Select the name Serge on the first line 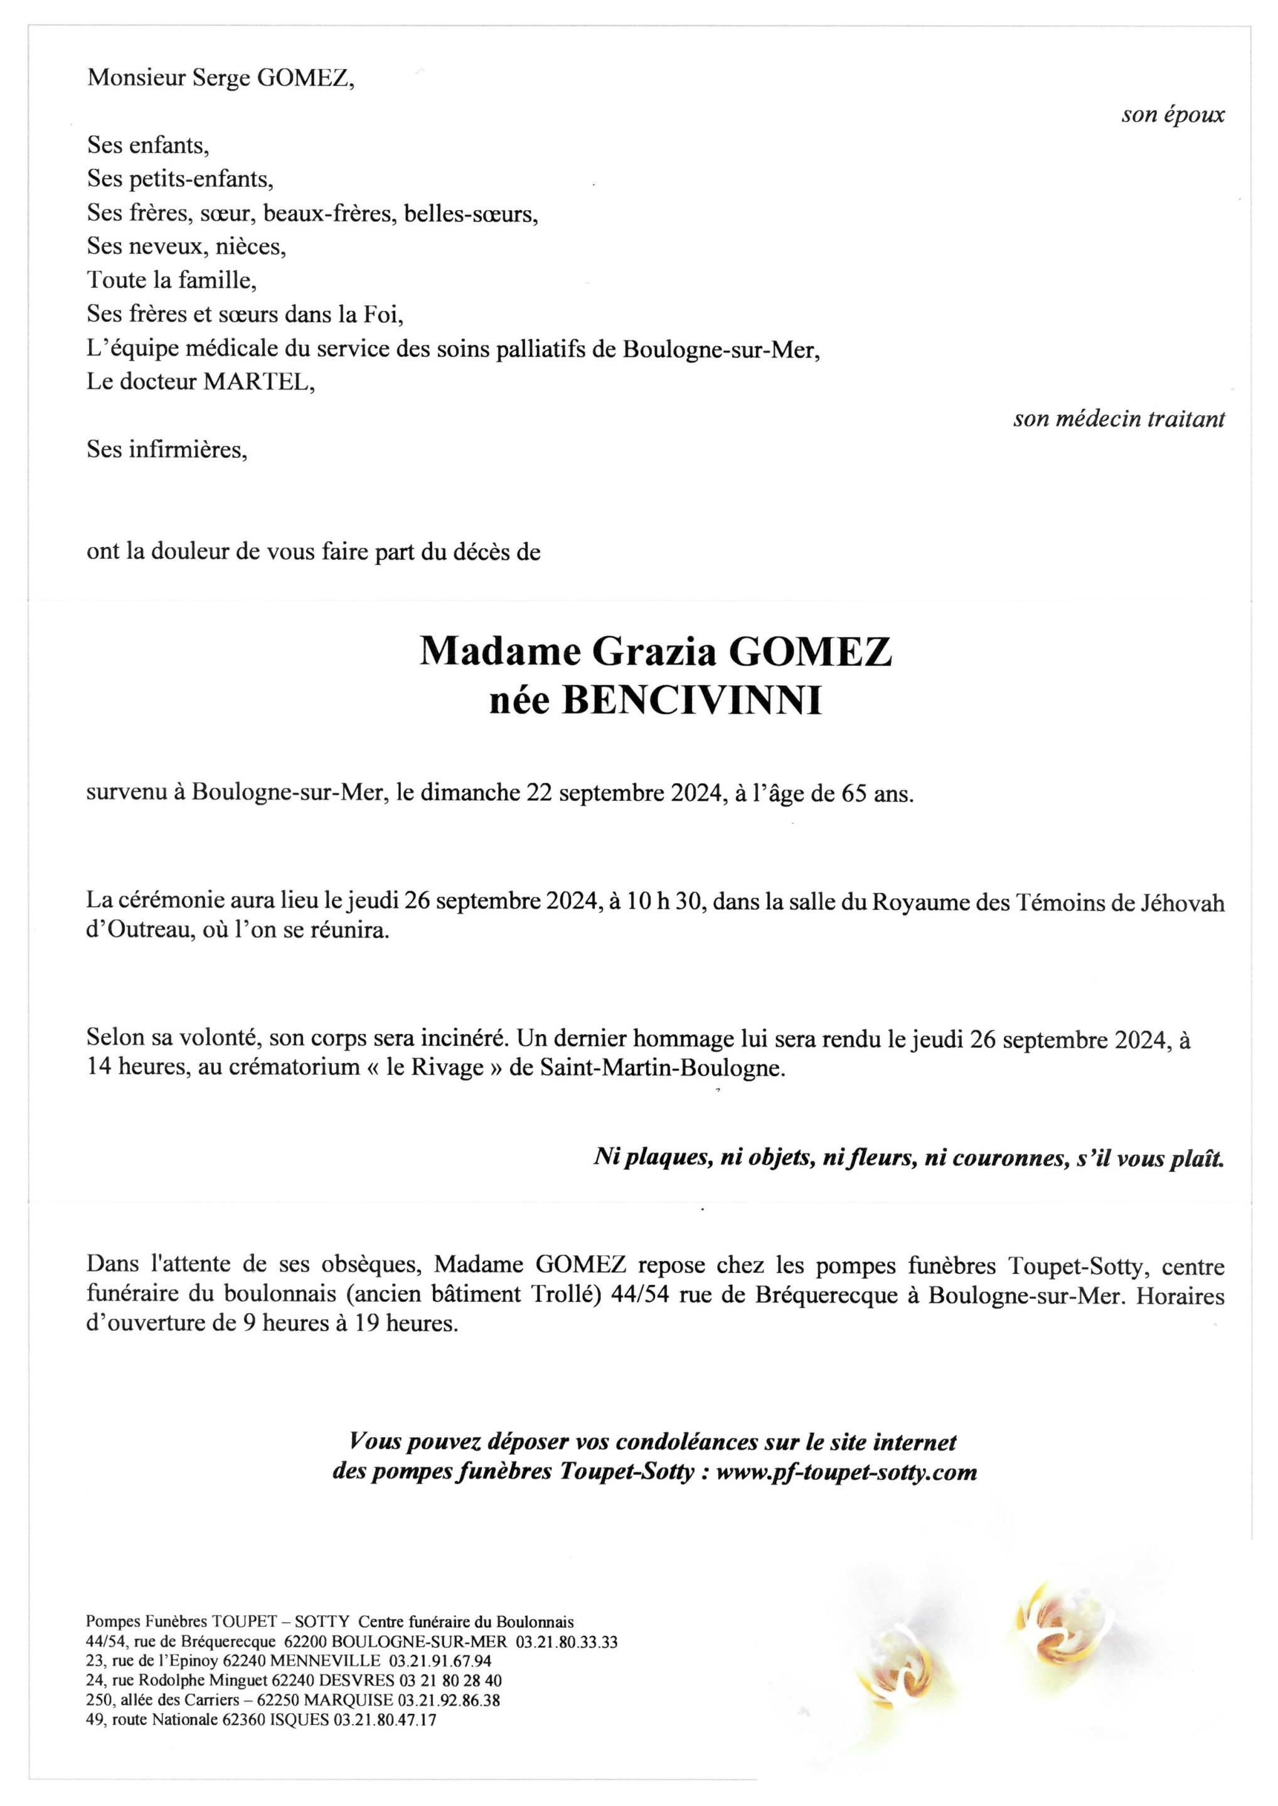pos(216,78)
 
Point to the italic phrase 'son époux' pos(1173,115)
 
